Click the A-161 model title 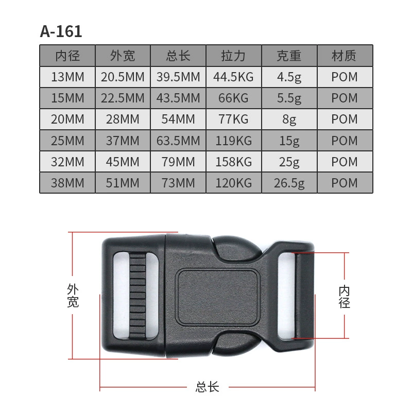point(61,31)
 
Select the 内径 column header point(67,56)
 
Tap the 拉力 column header point(234,56)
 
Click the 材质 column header point(345,56)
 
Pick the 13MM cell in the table point(67,77)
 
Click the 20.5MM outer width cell point(123,77)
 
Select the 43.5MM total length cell point(178,98)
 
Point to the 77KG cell point(234,119)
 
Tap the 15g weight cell point(289,141)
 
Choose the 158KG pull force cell point(234,162)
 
